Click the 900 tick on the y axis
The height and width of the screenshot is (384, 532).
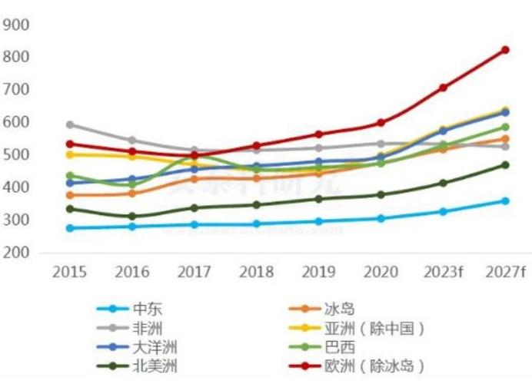click(x=16, y=25)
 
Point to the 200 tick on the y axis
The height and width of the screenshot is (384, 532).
click(x=16, y=253)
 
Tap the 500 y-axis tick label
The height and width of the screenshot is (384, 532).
click(x=16, y=155)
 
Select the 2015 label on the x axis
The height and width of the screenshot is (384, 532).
click(x=70, y=273)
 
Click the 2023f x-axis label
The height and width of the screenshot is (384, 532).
click(x=443, y=273)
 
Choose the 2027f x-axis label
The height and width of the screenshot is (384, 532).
click(x=505, y=273)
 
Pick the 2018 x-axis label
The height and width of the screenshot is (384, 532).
click(x=257, y=273)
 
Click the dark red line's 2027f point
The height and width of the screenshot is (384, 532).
click(x=505, y=50)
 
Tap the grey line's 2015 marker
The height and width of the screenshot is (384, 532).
click(x=70, y=124)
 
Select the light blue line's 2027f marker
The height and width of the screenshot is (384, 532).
click(x=505, y=201)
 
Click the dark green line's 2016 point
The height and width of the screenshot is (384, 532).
click(x=132, y=217)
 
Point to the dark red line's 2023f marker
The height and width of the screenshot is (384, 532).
click(x=443, y=88)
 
